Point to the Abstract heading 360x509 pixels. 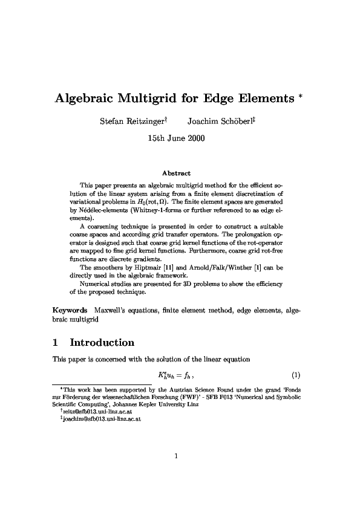180,173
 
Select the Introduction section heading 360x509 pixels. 102,343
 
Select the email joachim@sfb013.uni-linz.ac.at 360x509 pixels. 100,424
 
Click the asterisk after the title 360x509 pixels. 302,96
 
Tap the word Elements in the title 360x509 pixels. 267,99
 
